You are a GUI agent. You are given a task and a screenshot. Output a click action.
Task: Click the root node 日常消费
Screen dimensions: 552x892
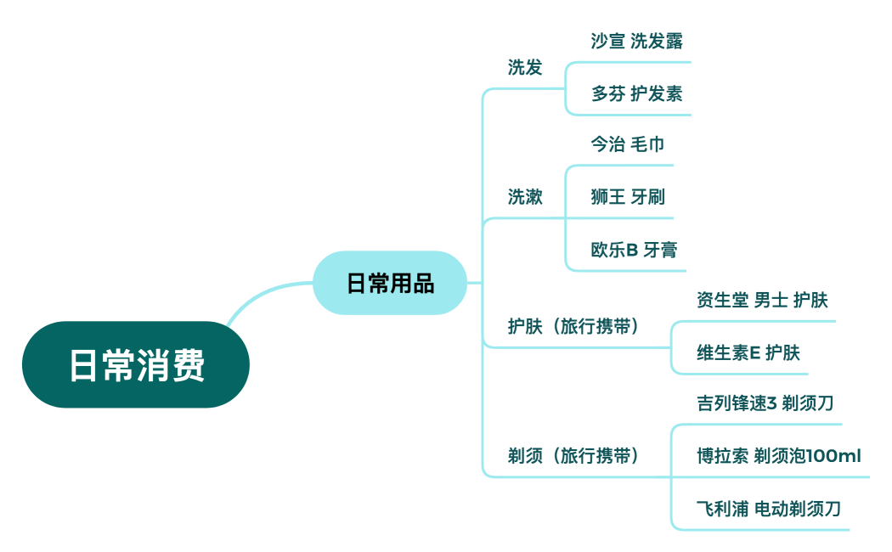pyautogui.click(x=136, y=365)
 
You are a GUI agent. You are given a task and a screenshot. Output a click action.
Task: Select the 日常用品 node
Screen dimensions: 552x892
pyautogui.click(x=390, y=284)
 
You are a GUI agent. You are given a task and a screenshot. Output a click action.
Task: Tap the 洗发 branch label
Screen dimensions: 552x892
pyautogui.click(x=525, y=68)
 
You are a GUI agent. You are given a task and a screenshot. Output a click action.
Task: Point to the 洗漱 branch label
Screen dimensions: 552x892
pyautogui.click(x=525, y=197)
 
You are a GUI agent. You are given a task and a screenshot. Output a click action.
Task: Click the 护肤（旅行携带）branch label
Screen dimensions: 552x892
pyautogui.click(x=573, y=327)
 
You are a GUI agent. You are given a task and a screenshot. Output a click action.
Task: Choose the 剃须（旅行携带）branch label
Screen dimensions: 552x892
pyautogui.click(x=573, y=456)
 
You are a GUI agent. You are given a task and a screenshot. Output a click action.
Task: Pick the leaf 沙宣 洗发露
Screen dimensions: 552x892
pyautogui.click(x=637, y=42)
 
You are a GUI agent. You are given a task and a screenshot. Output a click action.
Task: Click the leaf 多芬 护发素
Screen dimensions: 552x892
pyautogui.click(x=637, y=94)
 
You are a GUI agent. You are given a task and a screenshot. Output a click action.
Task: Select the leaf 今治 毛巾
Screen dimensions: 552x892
pyautogui.click(x=628, y=144)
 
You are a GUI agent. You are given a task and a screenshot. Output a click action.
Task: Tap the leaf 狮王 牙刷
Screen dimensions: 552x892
pyautogui.click(x=628, y=198)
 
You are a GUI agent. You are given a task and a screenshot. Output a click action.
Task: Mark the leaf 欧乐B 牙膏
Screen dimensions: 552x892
pyautogui.click(x=634, y=251)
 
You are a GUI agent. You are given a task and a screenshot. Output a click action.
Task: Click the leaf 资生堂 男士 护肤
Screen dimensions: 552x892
pyautogui.click(x=762, y=300)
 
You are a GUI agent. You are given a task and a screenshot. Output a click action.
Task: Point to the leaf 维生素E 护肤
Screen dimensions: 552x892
pyautogui.click(x=748, y=352)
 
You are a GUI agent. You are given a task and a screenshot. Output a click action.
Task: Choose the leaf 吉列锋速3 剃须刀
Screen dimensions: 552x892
pyautogui.click(x=765, y=403)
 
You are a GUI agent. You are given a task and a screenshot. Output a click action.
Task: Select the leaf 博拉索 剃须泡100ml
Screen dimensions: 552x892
pyautogui.click(x=778, y=456)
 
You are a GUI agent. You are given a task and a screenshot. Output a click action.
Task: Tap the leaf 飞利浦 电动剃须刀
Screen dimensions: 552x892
pyautogui.click(x=769, y=510)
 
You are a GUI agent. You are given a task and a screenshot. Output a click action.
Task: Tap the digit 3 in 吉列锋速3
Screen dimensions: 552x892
pyautogui.click(x=771, y=403)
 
